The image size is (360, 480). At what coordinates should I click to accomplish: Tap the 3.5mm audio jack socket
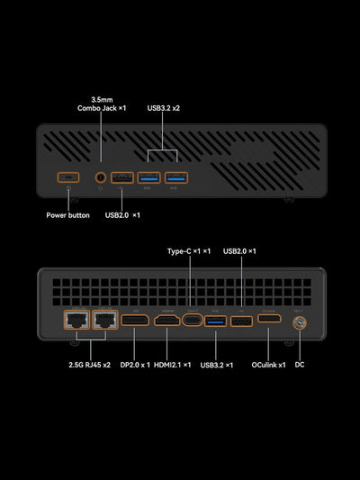click(x=100, y=177)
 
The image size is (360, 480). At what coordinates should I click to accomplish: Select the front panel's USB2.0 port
click(x=123, y=177)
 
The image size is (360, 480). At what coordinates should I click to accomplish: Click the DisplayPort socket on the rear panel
click(x=135, y=320)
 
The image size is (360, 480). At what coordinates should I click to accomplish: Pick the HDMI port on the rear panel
click(x=166, y=320)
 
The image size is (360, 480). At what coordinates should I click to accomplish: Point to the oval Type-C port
click(x=192, y=320)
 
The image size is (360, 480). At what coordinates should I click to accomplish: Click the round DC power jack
click(x=299, y=321)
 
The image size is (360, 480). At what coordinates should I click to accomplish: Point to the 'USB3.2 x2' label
click(x=164, y=107)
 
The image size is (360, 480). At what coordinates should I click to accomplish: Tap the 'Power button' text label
click(x=68, y=215)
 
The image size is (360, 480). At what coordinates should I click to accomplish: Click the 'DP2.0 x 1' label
click(x=135, y=365)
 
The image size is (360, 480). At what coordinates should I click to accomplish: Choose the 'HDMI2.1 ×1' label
click(x=173, y=365)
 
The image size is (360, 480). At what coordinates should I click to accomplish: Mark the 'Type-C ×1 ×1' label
click(x=189, y=250)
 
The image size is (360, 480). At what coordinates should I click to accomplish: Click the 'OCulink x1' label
click(x=268, y=365)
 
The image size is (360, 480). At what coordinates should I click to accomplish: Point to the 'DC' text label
click(x=300, y=365)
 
